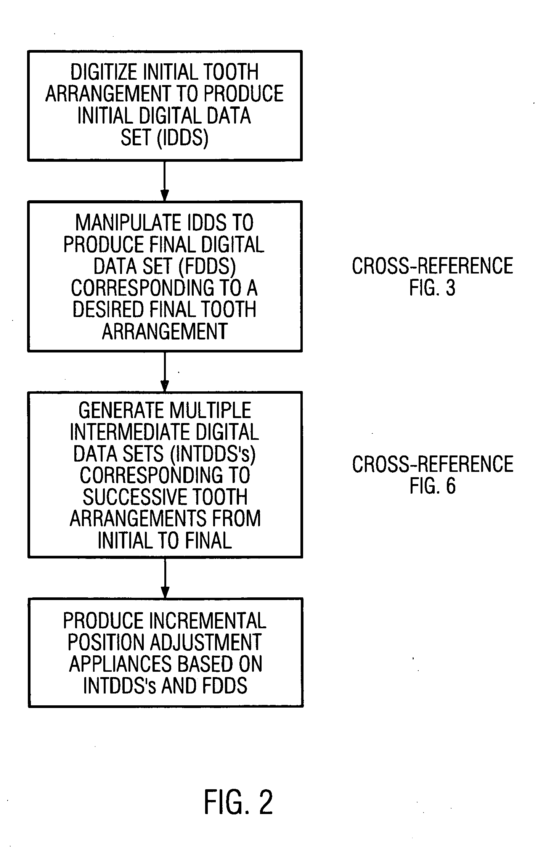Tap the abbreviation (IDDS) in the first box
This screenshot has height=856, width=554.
click(183, 138)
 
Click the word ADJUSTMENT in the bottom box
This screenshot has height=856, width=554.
click(206, 642)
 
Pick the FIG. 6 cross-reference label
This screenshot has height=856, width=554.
click(432, 486)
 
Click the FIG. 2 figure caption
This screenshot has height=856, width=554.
click(238, 802)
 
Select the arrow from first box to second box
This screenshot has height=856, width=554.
click(165, 181)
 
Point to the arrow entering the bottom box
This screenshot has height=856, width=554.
click(165, 578)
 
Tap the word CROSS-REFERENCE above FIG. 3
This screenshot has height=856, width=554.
click(432, 266)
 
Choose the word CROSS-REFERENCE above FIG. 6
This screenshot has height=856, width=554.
click(432, 465)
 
